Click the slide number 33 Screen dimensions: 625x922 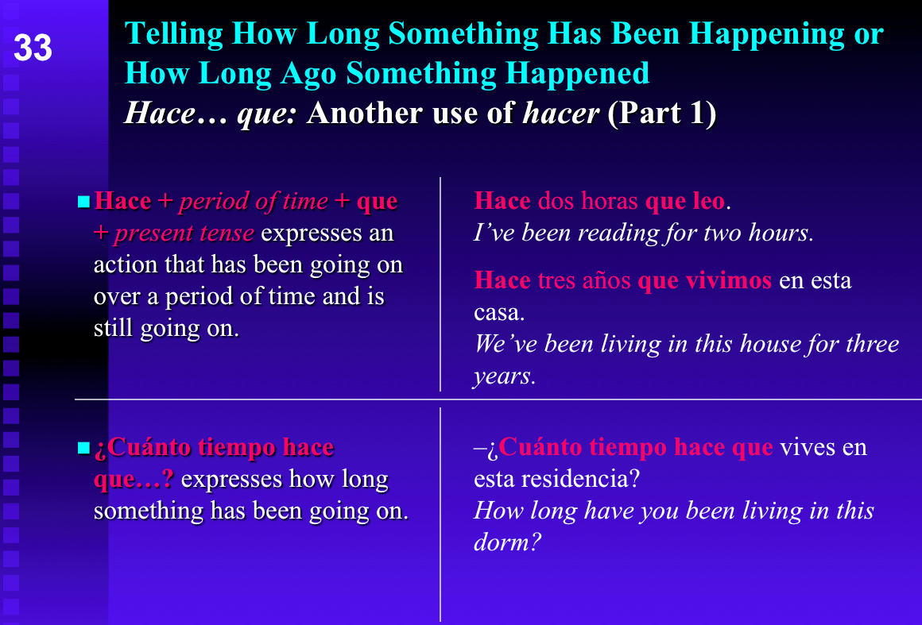33,48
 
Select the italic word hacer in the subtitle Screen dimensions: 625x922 560,114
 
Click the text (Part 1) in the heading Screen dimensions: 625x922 661,114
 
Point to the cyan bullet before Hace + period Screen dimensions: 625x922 83,202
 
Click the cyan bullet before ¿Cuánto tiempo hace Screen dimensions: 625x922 83,449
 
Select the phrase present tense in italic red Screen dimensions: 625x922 184,233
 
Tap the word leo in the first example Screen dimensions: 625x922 707,202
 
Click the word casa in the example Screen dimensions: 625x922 496,312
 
